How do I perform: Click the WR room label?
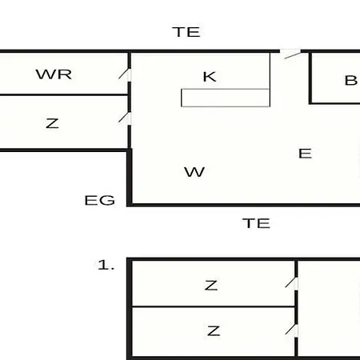54,74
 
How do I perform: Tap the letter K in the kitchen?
210,77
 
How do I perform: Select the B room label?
350,80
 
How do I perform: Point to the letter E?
305,154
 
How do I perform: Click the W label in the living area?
194,172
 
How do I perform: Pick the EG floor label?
100,200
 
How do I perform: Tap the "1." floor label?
106,265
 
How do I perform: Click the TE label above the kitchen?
186,32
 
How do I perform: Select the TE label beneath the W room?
256,223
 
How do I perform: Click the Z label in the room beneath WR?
52,123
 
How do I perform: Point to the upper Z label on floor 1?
211,286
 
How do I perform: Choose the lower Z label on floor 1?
214,331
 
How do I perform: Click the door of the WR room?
124,74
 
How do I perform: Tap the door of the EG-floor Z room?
124,118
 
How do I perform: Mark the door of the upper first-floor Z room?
291,282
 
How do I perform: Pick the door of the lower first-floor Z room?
291,329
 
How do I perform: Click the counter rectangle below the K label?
226,98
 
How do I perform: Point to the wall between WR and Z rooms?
64,94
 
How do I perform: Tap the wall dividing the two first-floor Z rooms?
214,306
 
